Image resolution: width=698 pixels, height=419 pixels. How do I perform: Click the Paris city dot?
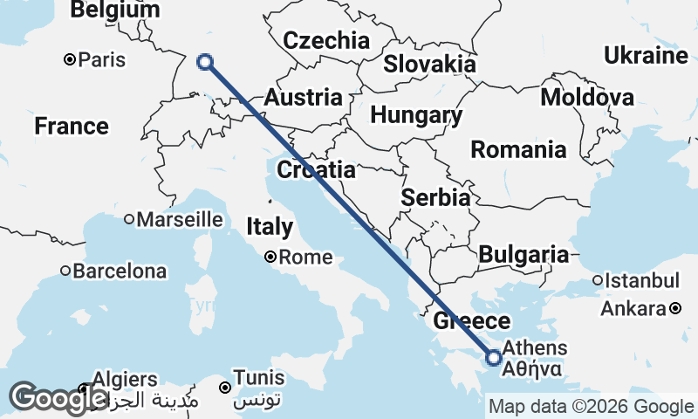(x=70, y=60)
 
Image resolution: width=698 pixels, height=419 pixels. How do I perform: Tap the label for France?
(x=72, y=127)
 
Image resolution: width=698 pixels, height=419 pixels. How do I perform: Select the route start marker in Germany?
(x=205, y=61)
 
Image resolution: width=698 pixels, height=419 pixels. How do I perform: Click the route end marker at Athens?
(x=494, y=357)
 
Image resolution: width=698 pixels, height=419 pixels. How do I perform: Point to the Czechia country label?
(x=326, y=40)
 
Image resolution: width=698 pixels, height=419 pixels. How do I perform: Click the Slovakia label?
(x=430, y=64)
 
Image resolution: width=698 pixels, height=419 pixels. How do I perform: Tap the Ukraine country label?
(x=647, y=56)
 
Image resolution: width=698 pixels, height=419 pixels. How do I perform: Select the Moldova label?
(x=587, y=97)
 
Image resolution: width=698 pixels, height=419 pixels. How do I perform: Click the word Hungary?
(x=416, y=115)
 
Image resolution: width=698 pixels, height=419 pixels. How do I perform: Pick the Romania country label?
(x=518, y=149)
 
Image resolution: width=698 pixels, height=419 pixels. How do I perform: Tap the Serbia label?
(x=435, y=198)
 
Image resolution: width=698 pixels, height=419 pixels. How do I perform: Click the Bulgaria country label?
(x=523, y=254)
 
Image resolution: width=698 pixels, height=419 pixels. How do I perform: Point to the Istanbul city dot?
(x=598, y=281)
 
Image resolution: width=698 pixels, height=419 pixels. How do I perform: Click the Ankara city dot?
(x=676, y=308)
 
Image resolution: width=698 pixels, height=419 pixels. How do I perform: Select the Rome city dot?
(x=270, y=257)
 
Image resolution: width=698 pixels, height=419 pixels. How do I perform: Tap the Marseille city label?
(x=179, y=218)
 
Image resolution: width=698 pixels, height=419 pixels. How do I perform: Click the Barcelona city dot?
(x=65, y=271)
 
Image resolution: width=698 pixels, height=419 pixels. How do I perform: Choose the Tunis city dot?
(x=225, y=388)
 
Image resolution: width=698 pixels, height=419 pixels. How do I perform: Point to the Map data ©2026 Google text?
(x=591, y=406)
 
